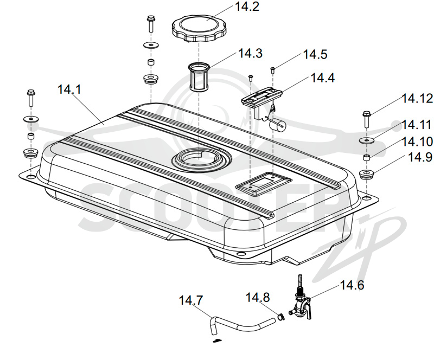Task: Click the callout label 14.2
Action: point(247,7)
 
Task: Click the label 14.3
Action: point(250,54)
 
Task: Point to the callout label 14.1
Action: point(69,89)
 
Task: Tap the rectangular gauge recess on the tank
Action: point(263,183)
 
